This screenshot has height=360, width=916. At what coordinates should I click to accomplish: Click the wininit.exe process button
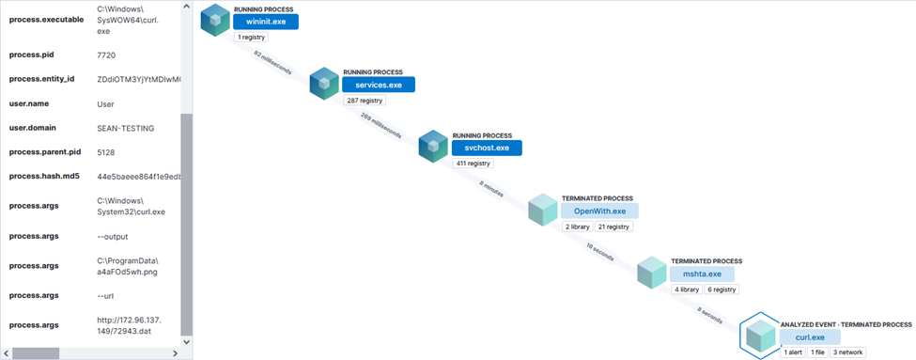266,22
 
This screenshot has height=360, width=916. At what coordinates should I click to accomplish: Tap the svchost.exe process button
487,148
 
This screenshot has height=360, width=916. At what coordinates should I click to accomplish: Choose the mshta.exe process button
701,274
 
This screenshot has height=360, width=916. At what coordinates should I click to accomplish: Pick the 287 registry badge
365,100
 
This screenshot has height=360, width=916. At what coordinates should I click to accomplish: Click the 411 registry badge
474,163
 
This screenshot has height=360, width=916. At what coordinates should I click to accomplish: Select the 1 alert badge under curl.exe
792,352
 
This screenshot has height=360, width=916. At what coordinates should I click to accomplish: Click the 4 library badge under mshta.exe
686,290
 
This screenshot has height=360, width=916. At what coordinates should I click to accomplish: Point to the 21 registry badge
613,227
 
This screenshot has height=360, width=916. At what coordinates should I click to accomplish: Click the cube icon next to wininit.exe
216,20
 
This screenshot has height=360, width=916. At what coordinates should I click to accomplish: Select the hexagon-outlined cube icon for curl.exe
758,335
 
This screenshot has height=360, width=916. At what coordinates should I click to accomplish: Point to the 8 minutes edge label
490,188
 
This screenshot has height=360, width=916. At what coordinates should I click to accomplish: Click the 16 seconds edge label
598,252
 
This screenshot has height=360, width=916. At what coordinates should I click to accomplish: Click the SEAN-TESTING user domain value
126,127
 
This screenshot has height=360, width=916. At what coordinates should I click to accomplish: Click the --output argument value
113,236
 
